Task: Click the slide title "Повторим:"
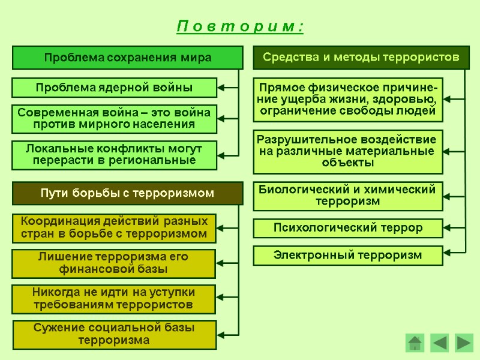241,27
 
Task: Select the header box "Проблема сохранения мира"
128,58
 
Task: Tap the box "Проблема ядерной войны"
114,88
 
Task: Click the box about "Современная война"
114,119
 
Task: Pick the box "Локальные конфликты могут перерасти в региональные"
114,154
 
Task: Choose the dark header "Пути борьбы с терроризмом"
128,193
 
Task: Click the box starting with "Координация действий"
114,227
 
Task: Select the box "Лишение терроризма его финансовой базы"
114,263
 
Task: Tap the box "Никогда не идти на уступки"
114,299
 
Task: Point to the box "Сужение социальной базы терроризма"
114,334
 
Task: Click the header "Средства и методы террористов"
361,57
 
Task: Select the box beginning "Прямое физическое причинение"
349,99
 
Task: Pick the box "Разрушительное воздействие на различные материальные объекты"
349,151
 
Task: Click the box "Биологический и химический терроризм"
349,196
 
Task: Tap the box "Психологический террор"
349,228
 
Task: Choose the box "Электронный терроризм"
349,255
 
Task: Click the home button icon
415,343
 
